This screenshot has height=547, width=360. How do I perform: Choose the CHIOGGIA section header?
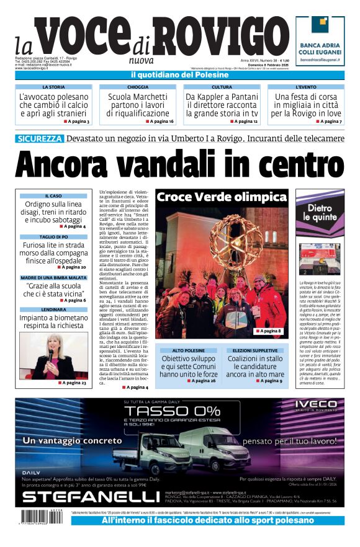pyautogui.click(x=138, y=87)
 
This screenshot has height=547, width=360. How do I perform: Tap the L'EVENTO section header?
pyautogui.click(x=306, y=87)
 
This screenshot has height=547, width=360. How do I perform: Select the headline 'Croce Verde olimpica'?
pyautogui.click(x=222, y=197)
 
